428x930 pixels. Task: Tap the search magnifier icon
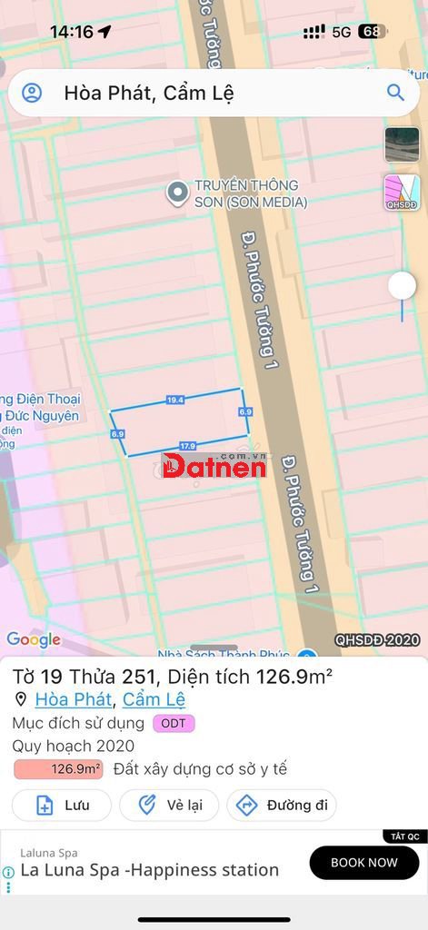click(395, 93)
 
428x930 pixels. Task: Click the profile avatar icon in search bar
click(32, 93)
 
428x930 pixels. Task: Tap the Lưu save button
click(62, 805)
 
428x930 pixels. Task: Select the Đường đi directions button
click(282, 805)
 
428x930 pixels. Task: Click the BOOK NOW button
click(363, 863)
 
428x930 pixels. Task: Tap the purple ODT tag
click(174, 723)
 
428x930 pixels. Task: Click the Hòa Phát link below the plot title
click(73, 699)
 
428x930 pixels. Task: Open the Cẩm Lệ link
click(154, 699)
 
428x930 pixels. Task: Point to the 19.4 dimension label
click(175, 400)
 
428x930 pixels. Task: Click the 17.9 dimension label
click(187, 446)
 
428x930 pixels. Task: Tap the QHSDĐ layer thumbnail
click(402, 193)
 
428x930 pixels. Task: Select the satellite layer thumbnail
click(402, 144)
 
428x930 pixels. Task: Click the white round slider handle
click(402, 286)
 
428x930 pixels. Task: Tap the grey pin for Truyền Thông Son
click(177, 193)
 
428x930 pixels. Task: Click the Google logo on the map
click(34, 639)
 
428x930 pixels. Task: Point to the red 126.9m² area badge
click(58, 769)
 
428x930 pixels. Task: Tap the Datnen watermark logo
click(214, 466)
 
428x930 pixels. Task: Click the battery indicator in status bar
click(372, 32)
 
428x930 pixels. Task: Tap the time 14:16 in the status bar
click(72, 32)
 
